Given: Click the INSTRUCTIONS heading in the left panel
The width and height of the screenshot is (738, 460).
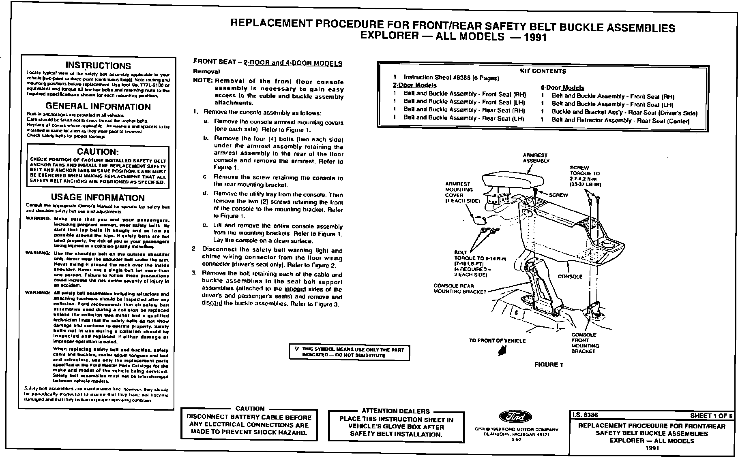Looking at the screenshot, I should click(x=99, y=66).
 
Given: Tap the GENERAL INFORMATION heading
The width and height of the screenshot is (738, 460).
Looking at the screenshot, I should click(x=98, y=106).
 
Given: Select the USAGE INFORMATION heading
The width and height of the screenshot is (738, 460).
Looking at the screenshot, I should click(x=98, y=198).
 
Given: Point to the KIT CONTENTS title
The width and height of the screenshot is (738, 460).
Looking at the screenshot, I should click(x=543, y=71).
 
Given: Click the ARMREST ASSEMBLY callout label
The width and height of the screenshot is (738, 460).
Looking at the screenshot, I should click(x=535, y=158).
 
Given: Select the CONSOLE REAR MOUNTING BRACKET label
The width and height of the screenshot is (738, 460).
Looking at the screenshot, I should click(x=459, y=289).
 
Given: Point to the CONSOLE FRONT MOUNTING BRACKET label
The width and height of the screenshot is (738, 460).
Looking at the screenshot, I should click(x=585, y=343).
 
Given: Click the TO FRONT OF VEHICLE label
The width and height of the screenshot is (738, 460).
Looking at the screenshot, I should click(x=497, y=341).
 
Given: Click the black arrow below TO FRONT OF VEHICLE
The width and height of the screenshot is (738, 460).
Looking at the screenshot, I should click(x=502, y=352).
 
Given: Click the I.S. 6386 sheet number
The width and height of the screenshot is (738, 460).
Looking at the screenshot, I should click(x=584, y=415).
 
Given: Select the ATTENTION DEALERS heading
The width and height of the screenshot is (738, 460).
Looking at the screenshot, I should click(x=395, y=411).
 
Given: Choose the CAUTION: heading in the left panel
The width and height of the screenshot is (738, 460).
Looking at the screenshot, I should click(x=98, y=152).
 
